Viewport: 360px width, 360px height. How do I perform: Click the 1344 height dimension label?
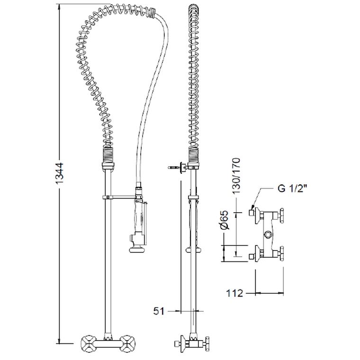pyautogui.click(x=60, y=173)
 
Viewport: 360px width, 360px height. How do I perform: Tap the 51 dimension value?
pyautogui.click(x=159, y=311)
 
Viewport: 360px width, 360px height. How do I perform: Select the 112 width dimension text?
pyautogui.click(x=234, y=293)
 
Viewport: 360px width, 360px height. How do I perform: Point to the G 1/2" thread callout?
pyautogui.click(x=293, y=189)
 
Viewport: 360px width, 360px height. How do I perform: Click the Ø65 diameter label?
pyautogui.click(x=225, y=219)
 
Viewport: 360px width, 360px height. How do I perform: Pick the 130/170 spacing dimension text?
pyautogui.click(x=236, y=176)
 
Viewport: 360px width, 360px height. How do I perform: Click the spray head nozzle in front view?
pyautogui.click(x=137, y=250)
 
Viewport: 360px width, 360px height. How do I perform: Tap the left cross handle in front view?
pyautogui.click(x=88, y=343)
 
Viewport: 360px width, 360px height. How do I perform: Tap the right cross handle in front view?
pyautogui.click(x=128, y=343)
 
